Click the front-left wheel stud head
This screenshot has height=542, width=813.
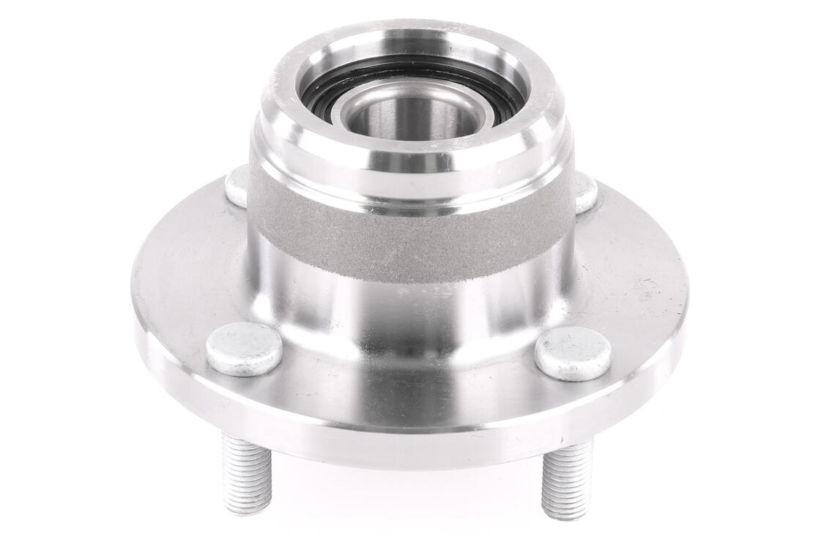click(x=244, y=349)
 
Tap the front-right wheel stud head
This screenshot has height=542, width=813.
click(x=573, y=353)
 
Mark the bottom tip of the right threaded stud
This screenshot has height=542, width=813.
click(x=563, y=513)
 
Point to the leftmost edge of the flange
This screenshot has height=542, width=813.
click(x=133, y=308)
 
